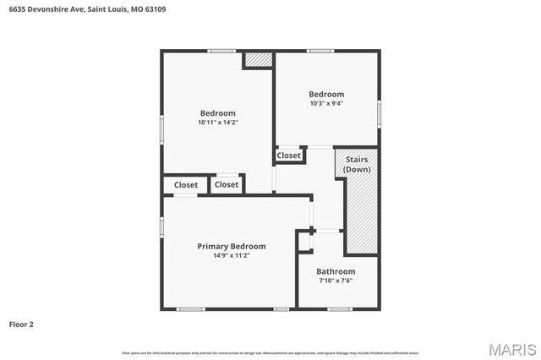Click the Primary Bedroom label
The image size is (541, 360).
coord(231,247)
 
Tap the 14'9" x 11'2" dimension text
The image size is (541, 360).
coord(231,255)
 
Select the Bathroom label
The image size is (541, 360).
coord(336,272)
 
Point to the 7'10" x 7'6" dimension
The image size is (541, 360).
coord(336,281)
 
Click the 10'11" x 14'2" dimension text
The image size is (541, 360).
coord(217,122)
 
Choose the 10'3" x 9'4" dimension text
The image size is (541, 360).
coord(326,103)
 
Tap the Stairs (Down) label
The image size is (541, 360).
coord(357,164)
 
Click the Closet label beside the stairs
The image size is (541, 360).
coord(288,155)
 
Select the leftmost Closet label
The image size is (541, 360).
coord(186,185)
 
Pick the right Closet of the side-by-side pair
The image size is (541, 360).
coord(227,184)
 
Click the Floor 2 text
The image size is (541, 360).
coord(21,324)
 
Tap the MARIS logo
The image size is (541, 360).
coord(511,348)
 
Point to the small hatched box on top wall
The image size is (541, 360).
coord(258,60)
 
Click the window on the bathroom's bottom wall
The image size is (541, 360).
coord(340,309)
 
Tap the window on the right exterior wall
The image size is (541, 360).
coord(379,112)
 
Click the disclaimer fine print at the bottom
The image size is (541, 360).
coord(270,352)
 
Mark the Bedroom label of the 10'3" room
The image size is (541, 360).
coord(326,94)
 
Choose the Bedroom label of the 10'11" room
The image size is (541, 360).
coord(217,113)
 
